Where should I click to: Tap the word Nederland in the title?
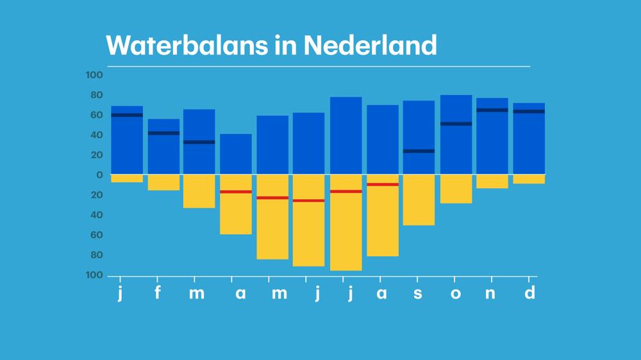point(370,45)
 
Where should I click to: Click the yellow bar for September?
point(419,199)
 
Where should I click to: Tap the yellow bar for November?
point(492,181)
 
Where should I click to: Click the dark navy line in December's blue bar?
point(529,111)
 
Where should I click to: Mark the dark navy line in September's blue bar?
point(419,151)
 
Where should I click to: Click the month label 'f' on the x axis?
point(158,293)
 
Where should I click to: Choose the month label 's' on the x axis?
point(418,293)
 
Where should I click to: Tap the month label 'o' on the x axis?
point(455,293)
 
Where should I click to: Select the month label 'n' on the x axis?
point(492,293)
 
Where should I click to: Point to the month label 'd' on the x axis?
point(529,293)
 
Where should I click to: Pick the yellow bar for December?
point(529,179)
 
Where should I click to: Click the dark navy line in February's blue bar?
point(163,133)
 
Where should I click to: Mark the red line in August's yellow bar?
point(383,184)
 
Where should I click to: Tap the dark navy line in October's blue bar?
point(456,124)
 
